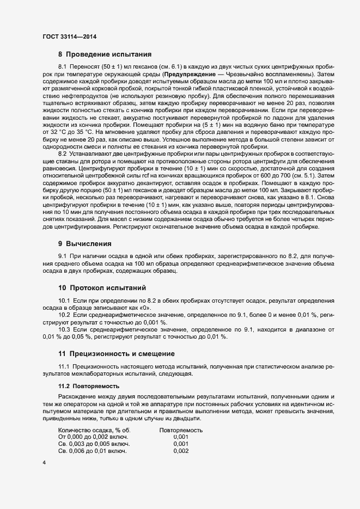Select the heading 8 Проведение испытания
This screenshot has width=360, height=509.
105,54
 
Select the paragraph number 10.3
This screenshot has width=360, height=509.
64,330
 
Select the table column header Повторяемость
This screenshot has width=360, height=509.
181,430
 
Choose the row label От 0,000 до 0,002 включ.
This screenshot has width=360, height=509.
93,437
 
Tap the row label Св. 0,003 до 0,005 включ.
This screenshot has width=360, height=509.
93,444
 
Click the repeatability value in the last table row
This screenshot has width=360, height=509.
181,451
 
